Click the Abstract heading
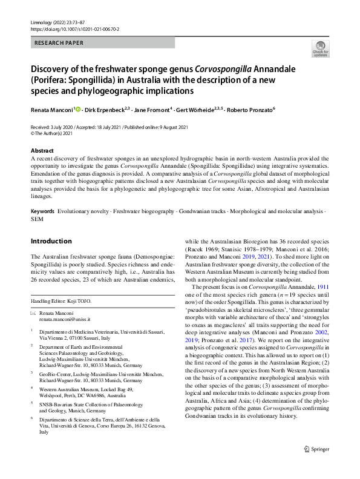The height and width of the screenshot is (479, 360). click(42, 150)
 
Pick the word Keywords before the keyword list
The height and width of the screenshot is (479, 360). click(42, 211)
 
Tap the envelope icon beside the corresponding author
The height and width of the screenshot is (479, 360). click(33, 311)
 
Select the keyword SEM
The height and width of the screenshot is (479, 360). click(37, 219)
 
